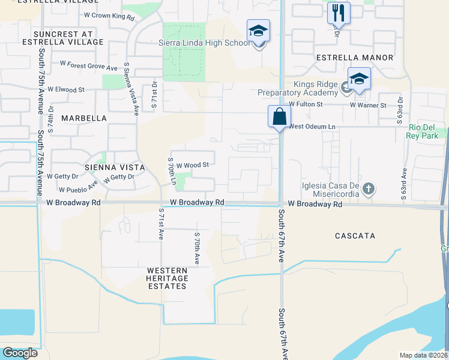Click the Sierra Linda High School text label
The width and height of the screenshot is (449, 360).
(203, 43)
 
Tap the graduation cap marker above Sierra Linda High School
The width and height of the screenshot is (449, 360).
(258, 31)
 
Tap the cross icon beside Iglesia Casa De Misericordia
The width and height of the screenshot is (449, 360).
(369, 189)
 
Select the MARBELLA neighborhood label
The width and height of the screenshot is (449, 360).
(84, 118)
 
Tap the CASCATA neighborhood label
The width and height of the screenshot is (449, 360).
(355, 236)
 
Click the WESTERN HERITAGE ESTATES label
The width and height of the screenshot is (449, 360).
(167, 278)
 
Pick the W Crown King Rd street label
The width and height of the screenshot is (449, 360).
(109, 16)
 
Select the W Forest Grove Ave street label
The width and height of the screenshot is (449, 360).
(88, 62)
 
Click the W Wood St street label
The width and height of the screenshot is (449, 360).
(192, 164)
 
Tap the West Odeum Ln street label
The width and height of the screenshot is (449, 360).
(312, 127)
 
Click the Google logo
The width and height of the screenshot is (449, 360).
(20, 352)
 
